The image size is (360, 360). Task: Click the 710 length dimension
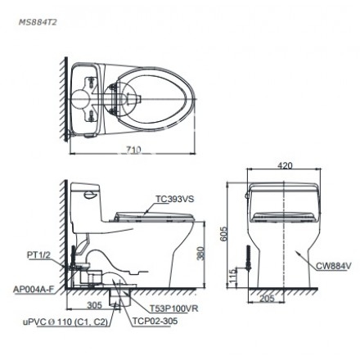(x=136, y=150)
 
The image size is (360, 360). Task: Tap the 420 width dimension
(x=284, y=165)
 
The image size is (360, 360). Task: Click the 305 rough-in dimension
(x=93, y=303)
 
